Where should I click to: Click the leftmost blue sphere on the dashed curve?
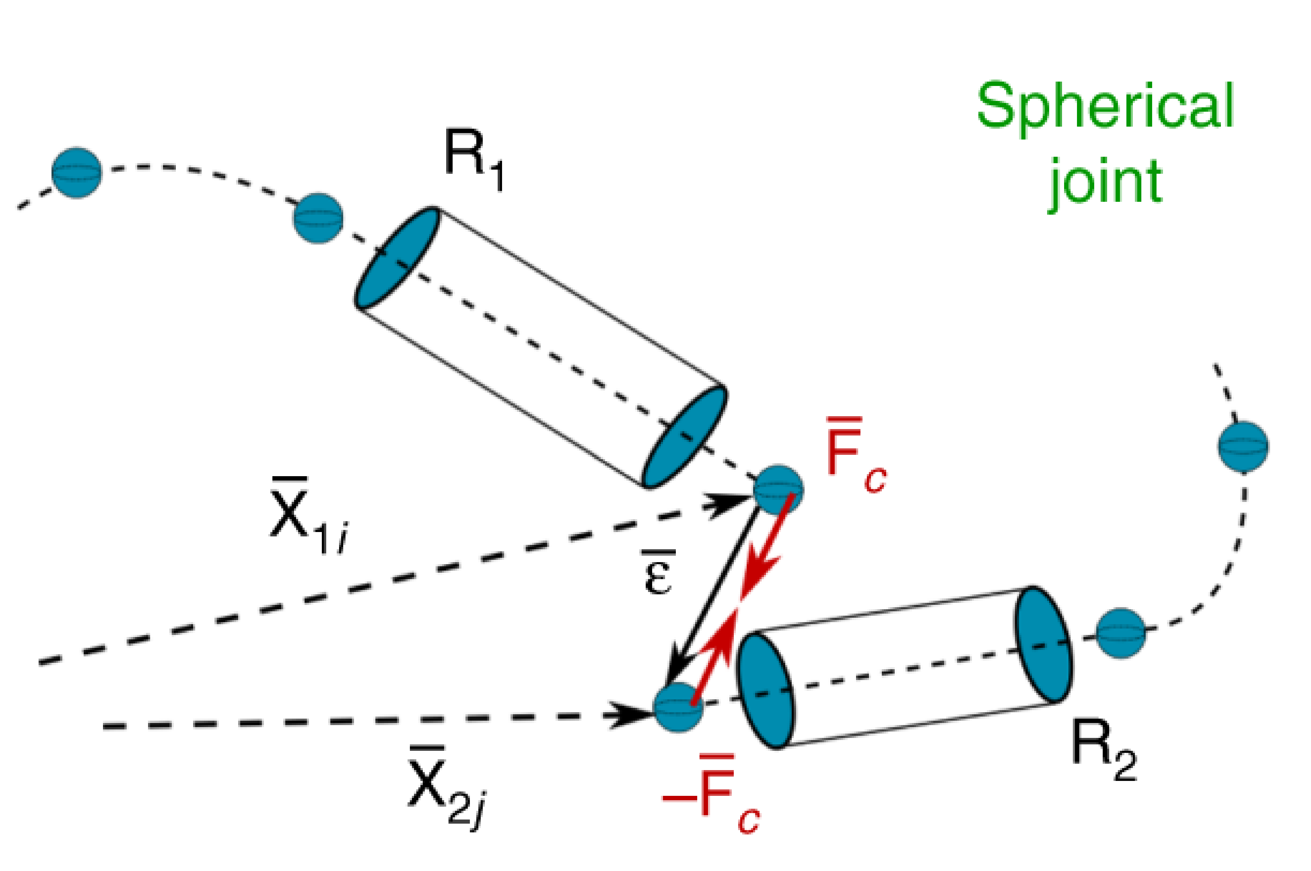coord(77,172)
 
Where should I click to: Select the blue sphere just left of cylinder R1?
coord(318,218)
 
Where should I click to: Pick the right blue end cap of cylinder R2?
coord(1043,644)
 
